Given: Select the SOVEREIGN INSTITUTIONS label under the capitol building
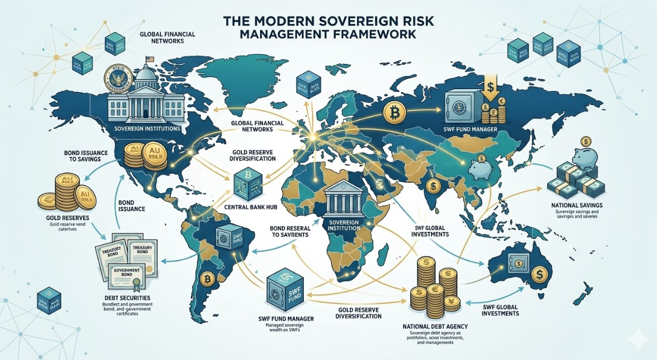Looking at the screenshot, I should (x=147, y=129).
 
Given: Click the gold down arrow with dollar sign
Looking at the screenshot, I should (x=490, y=90).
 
